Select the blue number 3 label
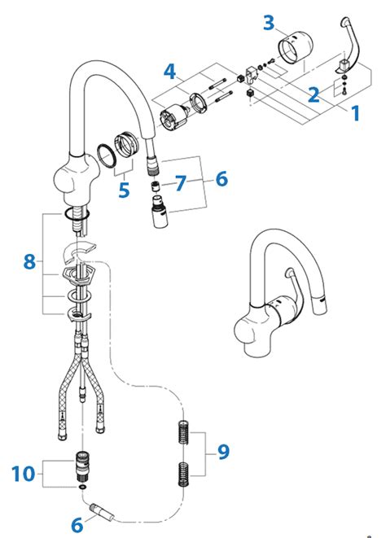(269, 22)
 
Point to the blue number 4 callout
(169, 71)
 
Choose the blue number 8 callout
(29, 262)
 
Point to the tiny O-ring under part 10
(82, 487)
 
